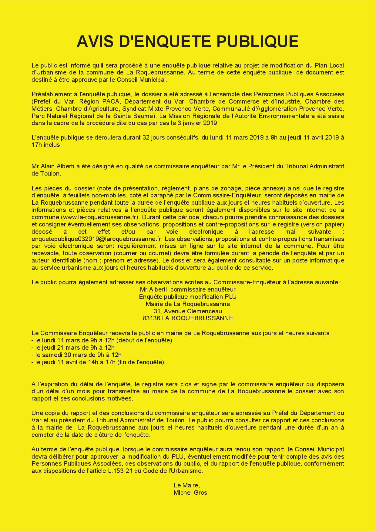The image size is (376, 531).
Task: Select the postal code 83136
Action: point(152,318)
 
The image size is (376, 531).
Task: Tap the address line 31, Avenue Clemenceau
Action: point(188,311)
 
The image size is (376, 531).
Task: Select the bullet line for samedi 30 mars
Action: point(76,355)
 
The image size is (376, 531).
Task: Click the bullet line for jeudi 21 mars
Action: point(73,348)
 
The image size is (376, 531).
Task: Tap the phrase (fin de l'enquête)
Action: point(141,362)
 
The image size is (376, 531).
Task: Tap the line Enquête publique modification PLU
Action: point(188,297)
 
